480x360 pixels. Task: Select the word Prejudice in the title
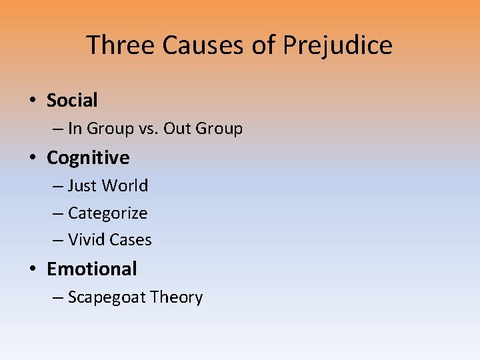[x=337, y=45]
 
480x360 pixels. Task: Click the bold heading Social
[x=72, y=101]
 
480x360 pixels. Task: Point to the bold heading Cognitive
[x=88, y=158]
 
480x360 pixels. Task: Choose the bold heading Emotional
[x=91, y=269]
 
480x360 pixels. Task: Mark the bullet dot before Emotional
[x=32, y=269]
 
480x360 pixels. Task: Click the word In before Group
[x=75, y=129]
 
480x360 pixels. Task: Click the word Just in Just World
[x=81, y=185]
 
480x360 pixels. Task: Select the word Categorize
[x=107, y=213]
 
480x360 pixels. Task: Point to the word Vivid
[x=85, y=240]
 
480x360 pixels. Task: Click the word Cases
[x=130, y=240]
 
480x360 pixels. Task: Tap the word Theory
[x=177, y=297]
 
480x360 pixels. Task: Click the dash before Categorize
[x=57, y=213]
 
